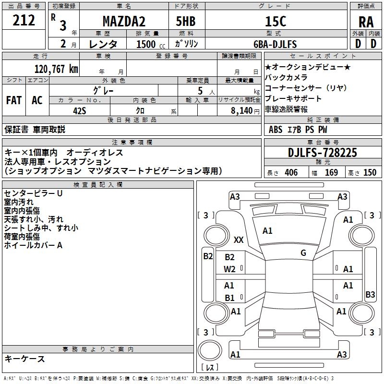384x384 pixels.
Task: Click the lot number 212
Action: [24, 21]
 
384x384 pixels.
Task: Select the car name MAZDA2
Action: [124, 21]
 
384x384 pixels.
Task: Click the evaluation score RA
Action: [366, 22]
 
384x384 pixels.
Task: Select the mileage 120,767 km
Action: [56, 69]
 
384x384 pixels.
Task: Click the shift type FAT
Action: [13, 100]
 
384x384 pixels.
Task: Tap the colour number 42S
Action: [80, 110]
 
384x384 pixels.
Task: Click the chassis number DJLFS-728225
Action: [323, 153]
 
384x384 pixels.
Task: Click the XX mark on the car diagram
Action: [239, 240]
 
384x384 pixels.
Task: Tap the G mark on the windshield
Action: [303, 252]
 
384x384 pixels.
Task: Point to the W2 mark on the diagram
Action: [230, 269]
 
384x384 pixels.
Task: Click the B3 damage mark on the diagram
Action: [370, 295]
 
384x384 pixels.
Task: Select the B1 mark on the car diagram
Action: [230, 298]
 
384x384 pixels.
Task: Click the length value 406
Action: [291, 173]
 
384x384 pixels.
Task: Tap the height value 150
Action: [370, 173]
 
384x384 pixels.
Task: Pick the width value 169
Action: [331, 173]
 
